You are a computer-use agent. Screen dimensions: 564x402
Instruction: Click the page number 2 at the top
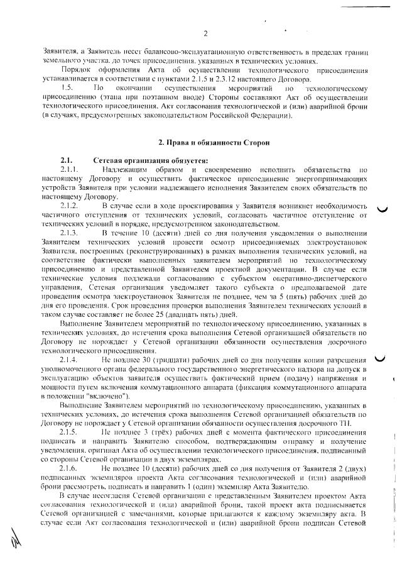pos(205,33)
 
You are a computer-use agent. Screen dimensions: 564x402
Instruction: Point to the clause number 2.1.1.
pos(69,170)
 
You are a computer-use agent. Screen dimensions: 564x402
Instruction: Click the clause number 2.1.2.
pos(69,206)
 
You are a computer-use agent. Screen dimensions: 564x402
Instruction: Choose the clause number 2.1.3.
pos(69,233)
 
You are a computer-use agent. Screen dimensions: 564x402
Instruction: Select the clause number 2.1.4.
pos(69,359)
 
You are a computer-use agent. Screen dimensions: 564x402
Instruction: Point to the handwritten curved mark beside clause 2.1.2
pos(381,211)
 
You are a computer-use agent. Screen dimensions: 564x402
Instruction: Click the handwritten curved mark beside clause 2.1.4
pos(379,359)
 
